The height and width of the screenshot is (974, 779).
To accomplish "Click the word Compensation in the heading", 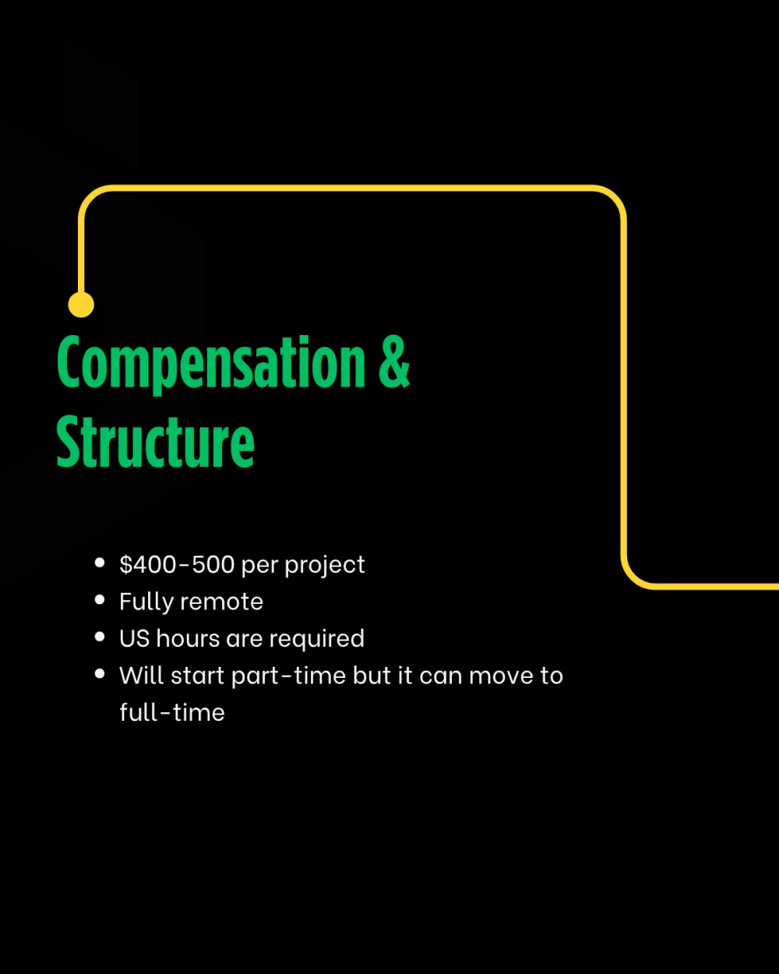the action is (x=211, y=364).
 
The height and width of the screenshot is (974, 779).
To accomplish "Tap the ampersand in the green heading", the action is (x=394, y=362).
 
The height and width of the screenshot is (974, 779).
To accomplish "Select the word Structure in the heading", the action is (x=155, y=442).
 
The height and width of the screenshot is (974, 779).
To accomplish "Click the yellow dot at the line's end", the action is (x=81, y=304).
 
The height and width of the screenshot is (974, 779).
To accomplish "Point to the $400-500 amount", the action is (x=177, y=564).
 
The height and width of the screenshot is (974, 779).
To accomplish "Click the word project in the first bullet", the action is (x=325, y=566).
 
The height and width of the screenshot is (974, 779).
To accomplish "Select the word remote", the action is (x=222, y=602).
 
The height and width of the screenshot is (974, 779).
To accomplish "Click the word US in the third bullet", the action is (x=135, y=639).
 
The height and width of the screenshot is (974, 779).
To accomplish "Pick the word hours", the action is (x=188, y=639).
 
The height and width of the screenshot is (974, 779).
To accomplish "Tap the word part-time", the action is (x=289, y=676).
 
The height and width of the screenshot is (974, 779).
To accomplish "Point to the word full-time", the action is (x=172, y=712).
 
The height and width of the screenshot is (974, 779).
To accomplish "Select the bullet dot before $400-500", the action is (x=100, y=563).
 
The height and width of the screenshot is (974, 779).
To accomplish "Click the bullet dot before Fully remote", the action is (x=100, y=600).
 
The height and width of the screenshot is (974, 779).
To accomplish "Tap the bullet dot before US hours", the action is (x=100, y=637).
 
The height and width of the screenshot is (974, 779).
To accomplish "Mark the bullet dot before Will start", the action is (x=100, y=674).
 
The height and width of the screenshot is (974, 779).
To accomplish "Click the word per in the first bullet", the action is (x=259, y=566).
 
